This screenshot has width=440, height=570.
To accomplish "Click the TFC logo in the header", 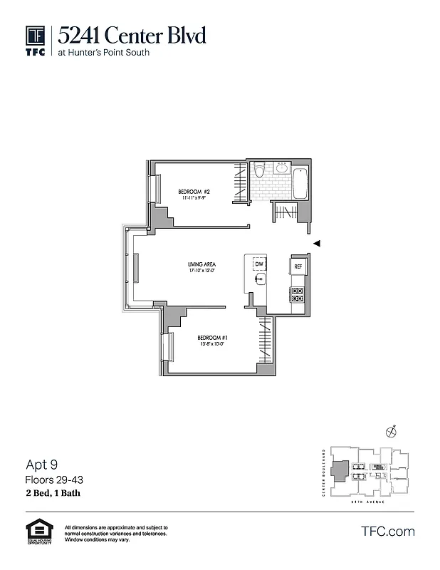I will (36, 41).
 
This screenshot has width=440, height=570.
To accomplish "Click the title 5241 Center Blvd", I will (132, 34).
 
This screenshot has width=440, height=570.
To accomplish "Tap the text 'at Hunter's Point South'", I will (104, 53).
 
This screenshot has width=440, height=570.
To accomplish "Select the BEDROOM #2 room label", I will (193, 192).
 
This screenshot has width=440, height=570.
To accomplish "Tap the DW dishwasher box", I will (259, 265).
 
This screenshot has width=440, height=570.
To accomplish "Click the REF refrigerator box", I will (298, 267).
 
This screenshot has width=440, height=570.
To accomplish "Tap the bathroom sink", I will (281, 169).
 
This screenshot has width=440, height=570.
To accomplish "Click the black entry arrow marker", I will (317, 244).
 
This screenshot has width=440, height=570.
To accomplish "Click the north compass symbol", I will (390, 430).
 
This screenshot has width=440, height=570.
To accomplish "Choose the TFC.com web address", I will (388, 531).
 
